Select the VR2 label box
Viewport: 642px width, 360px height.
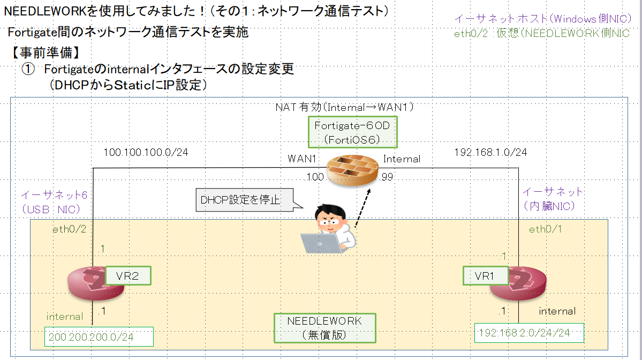point(127,275)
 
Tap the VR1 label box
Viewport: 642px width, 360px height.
point(485,276)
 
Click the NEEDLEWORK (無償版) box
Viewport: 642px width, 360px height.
point(324,328)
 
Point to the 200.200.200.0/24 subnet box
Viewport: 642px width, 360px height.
point(100,337)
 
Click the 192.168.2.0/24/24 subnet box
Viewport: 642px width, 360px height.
point(529,333)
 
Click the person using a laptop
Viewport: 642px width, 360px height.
point(329,230)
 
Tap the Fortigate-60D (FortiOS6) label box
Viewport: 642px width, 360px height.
point(352,132)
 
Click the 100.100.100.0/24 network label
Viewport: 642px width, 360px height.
point(146,153)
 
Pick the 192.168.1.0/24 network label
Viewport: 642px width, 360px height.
point(490,153)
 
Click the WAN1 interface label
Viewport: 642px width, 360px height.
point(302,159)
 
